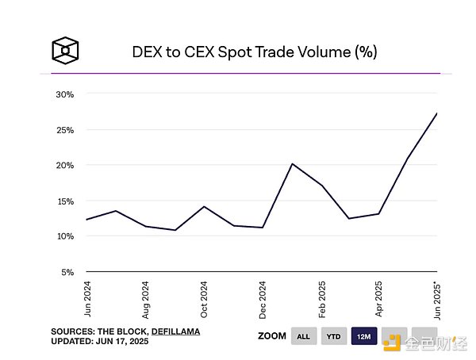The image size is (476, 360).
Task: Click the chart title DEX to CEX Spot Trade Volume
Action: (x=254, y=52)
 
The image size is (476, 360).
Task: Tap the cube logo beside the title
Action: (x=63, y=51)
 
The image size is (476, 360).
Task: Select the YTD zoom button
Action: (x=334, y=336)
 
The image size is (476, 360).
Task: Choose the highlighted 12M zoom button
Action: (x=364, y=336)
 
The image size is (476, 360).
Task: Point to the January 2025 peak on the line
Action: (x=292, y=164)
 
